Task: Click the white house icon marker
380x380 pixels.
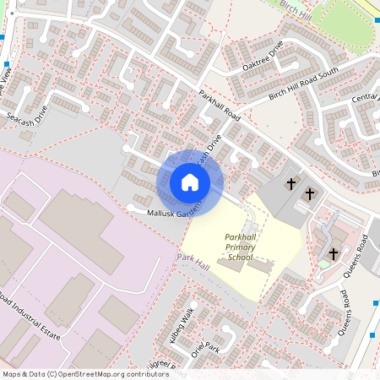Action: [x=189, y=182]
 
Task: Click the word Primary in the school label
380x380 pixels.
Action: [x=240, y=247]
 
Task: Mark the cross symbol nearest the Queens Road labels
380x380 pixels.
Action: [x=333, y=252]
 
